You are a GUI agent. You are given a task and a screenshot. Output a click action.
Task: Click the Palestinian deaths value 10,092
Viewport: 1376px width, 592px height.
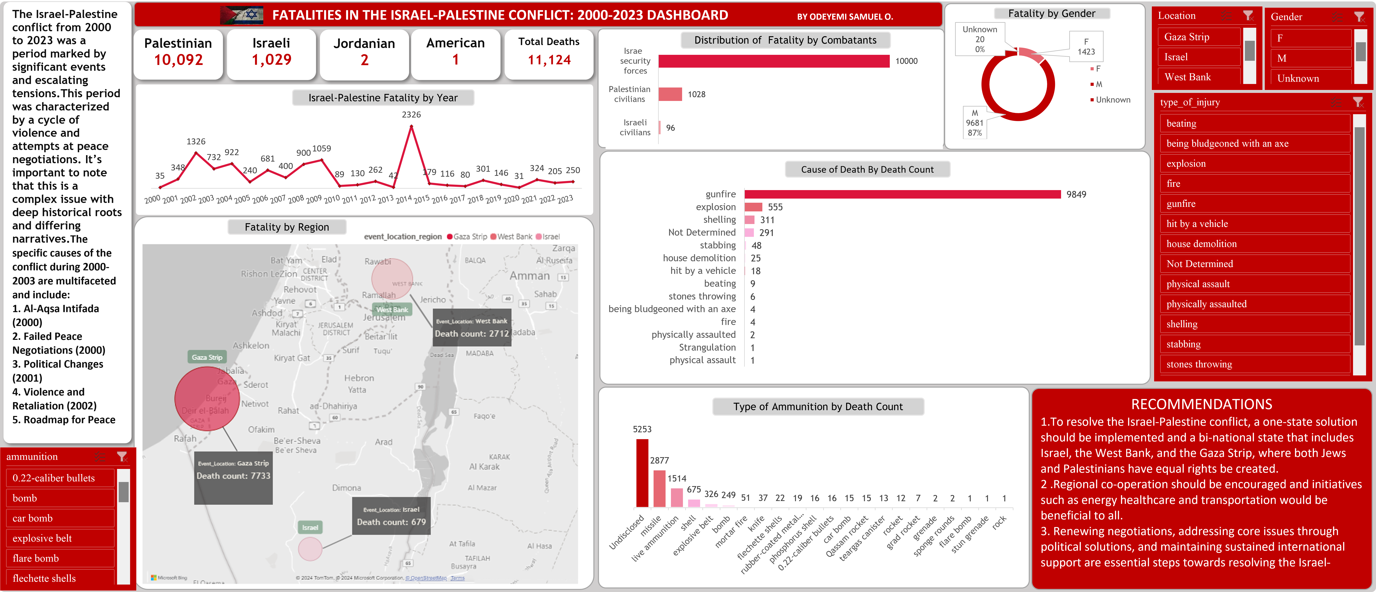[178, 60]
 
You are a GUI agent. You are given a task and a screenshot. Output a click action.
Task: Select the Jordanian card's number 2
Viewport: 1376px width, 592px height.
[364, 60]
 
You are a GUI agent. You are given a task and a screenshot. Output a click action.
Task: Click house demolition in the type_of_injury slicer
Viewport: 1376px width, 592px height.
[1201, 244]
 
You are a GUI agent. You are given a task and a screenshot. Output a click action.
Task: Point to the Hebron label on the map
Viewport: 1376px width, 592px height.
[359, 378]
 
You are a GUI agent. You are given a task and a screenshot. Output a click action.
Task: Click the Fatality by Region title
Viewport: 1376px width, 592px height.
[287, 227]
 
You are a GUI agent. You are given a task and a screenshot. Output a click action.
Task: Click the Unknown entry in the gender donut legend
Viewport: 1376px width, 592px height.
[1113, 100]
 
